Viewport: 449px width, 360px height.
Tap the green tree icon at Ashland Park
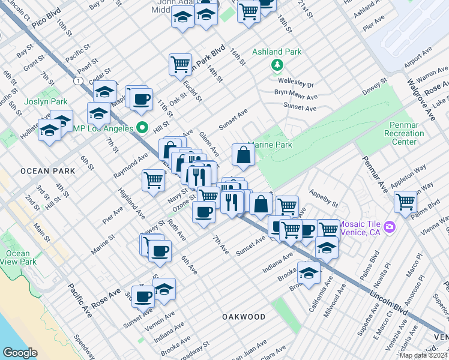[x=277, y=64]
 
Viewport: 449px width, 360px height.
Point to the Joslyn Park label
[x=46, y=102]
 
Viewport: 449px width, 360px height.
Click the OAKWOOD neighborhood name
[x=243, y=316]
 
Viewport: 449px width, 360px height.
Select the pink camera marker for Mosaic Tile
[x=390, y=226]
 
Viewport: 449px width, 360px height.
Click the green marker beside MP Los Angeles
[x=142, y=127]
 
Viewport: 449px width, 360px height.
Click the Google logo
[x=20, y=352]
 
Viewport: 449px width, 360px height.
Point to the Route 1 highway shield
[x=77, y=80]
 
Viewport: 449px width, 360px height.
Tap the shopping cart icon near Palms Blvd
[x=406, y=202]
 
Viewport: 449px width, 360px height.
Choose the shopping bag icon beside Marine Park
[x=243, y=155]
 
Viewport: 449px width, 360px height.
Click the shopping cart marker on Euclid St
[x=180, y=64]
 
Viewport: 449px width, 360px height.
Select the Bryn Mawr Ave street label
[x=295, y=96]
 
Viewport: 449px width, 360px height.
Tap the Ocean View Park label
[x=18, y=257]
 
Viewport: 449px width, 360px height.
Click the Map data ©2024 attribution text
[x=423, y=355]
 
